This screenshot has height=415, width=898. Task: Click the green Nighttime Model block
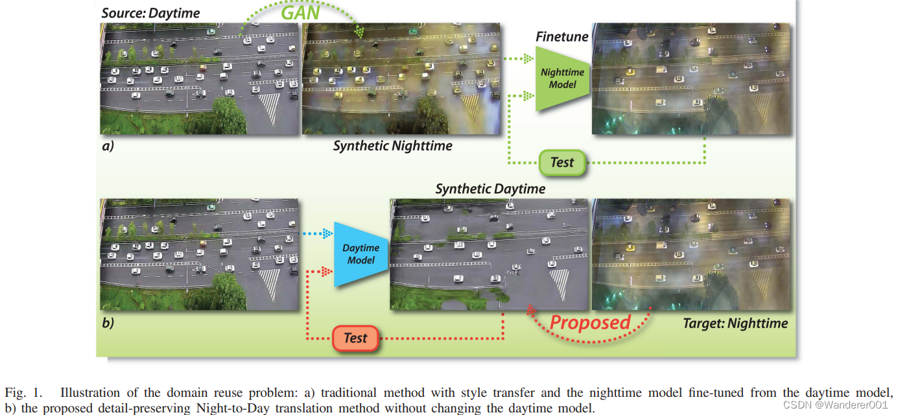tap(561, 78)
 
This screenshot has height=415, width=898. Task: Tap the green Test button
tap(561, 162)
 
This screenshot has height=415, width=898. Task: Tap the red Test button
tap(355, 337)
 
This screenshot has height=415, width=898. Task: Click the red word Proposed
tap(589, 322)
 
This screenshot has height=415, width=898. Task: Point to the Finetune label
tap(561, 36)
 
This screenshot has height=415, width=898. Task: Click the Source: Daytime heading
tap(150, 12)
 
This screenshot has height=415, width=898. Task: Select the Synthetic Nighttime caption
tap(392, 146)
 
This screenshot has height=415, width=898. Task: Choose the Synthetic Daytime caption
tap(490, 189)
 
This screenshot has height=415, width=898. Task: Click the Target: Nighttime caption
tap(735, 323)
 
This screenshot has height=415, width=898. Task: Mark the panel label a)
tap(108, 146)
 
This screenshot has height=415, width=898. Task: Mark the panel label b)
tap(108, 322)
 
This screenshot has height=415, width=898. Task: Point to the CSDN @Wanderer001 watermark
tap(835, 405)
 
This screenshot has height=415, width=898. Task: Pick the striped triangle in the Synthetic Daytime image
tap(558, 281)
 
